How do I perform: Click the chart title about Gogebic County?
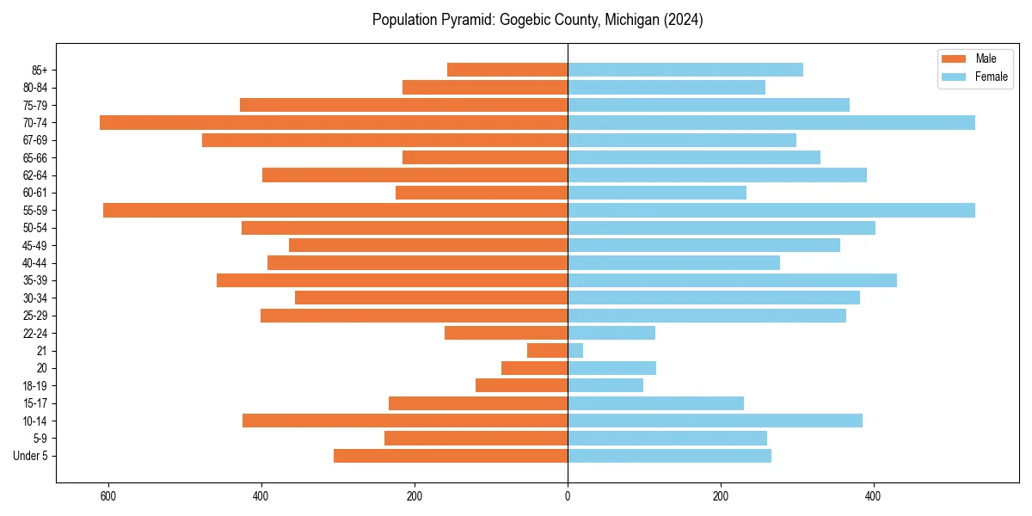[537, 20]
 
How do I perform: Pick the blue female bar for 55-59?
[771, 210]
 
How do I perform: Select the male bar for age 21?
[547, 350]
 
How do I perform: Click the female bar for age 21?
[575, 350]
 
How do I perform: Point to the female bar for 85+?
[685, 70]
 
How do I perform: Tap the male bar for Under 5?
[451, 456]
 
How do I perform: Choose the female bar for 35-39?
[732, 280]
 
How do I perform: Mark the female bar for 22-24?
[611, 333]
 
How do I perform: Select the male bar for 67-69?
[384, 140]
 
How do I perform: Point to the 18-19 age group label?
[35, 385]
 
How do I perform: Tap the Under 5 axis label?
[31, 456]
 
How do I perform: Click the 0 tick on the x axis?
[568, 495]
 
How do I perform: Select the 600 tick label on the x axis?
[108, 495]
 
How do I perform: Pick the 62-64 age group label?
[35, 175]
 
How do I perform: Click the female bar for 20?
[611, 368]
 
